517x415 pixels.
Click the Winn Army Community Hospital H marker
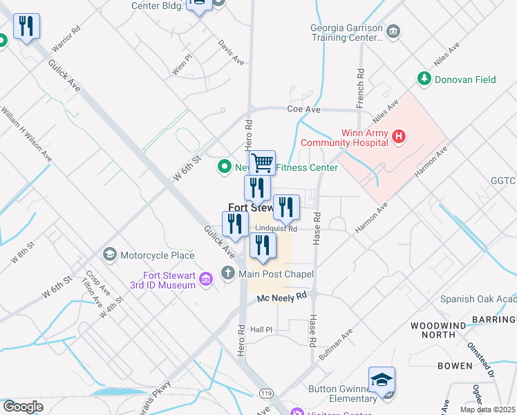click(398, 137)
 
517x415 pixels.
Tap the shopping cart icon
click(262, 163)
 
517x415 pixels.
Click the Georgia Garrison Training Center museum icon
click(393, 31)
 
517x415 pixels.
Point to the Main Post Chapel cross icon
click(228, 274)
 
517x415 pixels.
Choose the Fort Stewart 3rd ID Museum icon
click(205, 279)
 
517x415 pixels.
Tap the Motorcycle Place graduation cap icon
click(110, 255)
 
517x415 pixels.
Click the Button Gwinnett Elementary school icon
click(382, 380)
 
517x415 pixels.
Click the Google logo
click(23, 407)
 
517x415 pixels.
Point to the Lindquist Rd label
click(276, 229)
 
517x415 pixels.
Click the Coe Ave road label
click(304, 109)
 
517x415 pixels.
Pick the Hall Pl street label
click(262, 330)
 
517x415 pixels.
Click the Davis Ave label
click(232, 52)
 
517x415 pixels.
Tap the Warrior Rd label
click(66, 39)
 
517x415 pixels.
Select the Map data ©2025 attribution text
click(488, 409)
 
